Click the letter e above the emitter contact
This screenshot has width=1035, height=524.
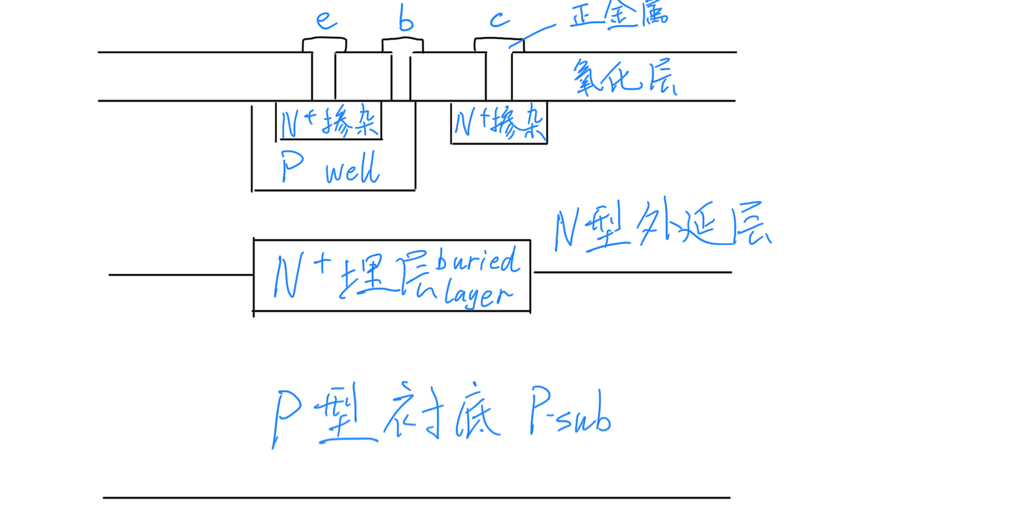click(x=326, y=22)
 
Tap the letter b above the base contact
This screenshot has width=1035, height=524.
click(x=405, y=22)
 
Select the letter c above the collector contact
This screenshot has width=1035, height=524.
click(x=499, y=20)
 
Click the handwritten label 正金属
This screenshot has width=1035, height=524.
click(x=617, y=15)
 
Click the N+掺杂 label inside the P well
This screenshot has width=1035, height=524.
click(x=331, y=122)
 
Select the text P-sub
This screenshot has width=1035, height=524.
click(x=570, y=411)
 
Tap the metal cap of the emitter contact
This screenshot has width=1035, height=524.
click(x=324, y=45)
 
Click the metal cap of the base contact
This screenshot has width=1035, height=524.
click(x=402, y=46)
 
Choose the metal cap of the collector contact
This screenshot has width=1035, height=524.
click(x=499, y=44)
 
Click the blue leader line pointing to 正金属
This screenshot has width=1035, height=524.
click(x=532, y=35)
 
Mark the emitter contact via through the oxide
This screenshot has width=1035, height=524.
click(x=323, y=75)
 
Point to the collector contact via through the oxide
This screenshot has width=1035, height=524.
click(x=499, y=75)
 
